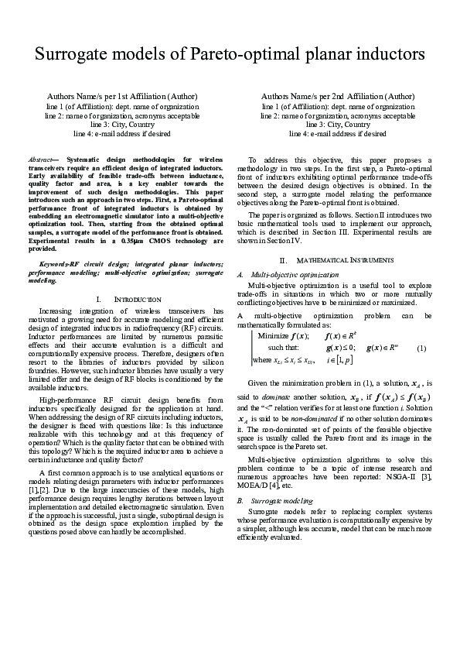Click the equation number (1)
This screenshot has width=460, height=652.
421,348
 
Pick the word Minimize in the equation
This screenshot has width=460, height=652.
273,335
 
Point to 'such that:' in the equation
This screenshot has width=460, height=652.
283,348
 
